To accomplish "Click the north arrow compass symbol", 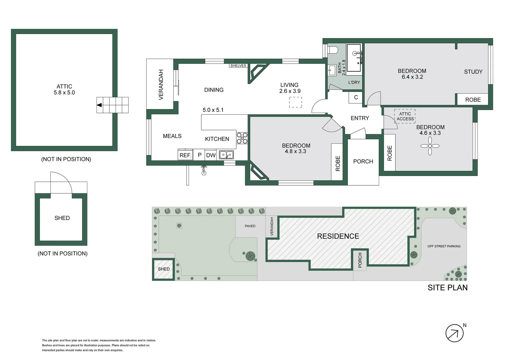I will [x=455, y=333].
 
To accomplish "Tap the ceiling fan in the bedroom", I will [x=430, y=146].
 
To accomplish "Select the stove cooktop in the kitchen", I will [x=242, y=138].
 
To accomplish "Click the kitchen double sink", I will [x=226, y=155].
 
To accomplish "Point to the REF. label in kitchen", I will [x=185, y=155].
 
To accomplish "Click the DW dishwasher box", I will [x=211, y=155].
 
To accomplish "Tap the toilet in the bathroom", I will [x=333, y=50].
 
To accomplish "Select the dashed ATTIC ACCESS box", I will [x=405, y=116].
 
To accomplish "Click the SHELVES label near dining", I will [x=238, y=66].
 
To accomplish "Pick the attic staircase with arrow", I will [x=113, y=105].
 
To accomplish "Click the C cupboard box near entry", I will [x=356, y=97].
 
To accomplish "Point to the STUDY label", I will [x=473, y=72].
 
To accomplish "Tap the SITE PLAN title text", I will [x=447, y=288].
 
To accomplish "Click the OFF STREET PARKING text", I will [x=444, y=246].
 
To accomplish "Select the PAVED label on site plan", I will [x=250, y=226].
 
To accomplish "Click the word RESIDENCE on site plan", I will [x=338, y=236].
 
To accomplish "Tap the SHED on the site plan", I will [x=164, y=269].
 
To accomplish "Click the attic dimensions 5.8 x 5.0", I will [x=64, y=93].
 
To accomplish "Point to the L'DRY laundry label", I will [x=354, y=82].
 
